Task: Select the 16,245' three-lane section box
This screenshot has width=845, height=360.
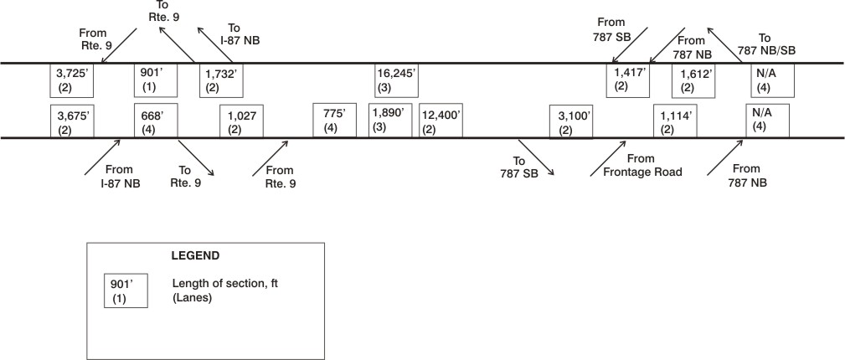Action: [397, 81]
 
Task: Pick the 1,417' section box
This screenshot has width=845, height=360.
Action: [628, 81]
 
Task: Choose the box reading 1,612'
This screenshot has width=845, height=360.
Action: [694, 81]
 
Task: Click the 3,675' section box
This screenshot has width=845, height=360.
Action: [72, 121]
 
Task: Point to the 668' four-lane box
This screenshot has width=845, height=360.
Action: [156, 121]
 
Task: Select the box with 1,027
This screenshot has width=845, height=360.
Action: [241, 121]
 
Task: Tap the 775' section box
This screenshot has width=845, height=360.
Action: [335, 121]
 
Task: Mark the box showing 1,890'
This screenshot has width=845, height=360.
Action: [391, 121]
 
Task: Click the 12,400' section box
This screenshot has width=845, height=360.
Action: [441, 121]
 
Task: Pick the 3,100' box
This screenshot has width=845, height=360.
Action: [571, 121]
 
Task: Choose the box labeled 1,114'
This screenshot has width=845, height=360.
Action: [675, 121]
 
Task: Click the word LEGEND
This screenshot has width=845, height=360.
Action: [195, 256]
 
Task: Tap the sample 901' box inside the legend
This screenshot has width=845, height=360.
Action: [126, 291]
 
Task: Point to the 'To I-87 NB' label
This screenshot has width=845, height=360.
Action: [236, 33]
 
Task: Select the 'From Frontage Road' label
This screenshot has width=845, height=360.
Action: [636, 166]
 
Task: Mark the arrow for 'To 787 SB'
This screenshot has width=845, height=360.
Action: [536, 157]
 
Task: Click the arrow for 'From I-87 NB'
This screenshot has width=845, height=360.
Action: [102, 157]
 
